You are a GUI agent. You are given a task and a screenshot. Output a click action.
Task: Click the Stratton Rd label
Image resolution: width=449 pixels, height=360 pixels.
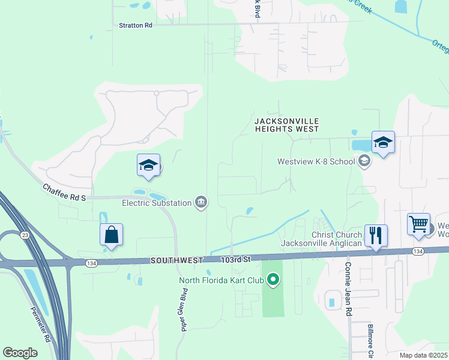pyautogui.click(x=136, y=25)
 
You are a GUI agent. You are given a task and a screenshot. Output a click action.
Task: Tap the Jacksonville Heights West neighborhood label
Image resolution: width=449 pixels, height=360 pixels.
pyautogui.click(x=286, y=125)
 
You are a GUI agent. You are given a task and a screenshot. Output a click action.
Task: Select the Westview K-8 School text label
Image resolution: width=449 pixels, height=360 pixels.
pyautogui.click(x=316, y=161)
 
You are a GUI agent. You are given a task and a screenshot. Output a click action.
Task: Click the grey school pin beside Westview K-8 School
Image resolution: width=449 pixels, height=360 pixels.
pyautogui.click(x=364, y=161)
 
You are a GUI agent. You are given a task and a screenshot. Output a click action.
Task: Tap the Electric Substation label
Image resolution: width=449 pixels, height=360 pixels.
pyautogui.click(x=157, y=203)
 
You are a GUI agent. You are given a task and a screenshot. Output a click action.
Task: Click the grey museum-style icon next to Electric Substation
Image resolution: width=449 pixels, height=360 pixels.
pyautogui.click(x=201, y=203)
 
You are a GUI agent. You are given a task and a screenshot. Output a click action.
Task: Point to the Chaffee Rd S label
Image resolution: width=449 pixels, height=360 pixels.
pyautogui.click(x=65, y=193)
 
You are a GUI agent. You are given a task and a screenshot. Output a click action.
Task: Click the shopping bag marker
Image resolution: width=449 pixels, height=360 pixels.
pyautogui.click(x=112, y=235)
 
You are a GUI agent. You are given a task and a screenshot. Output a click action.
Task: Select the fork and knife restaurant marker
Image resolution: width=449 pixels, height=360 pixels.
pyautogui.click(x=376, y=235)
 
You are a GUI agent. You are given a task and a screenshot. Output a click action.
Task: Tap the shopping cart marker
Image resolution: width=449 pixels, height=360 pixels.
pyautogui.click(x=418, y=225)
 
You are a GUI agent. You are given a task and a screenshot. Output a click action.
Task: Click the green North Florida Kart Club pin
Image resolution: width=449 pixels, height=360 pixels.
pyautogui.click(x=274, y=280)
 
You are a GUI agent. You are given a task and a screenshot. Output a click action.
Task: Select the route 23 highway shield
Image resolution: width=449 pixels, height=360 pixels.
pyautogui.click(x=23, y=235)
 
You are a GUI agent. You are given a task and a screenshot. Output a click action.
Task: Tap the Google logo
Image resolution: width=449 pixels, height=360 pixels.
pyautogui.click(x=20, y=353)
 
